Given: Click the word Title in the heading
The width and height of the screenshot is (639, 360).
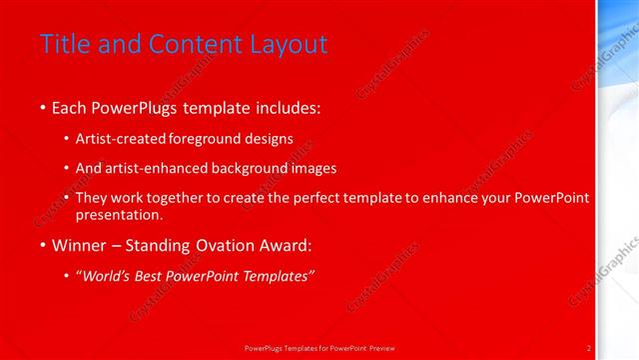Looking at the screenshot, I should [x=62, y=44].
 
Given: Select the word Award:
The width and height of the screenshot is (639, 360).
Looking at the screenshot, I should [x=281, y=245].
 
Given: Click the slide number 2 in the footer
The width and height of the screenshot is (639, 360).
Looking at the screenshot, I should [x=589, y=348].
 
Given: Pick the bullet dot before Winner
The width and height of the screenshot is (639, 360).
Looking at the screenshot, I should [x=42, y=246].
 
